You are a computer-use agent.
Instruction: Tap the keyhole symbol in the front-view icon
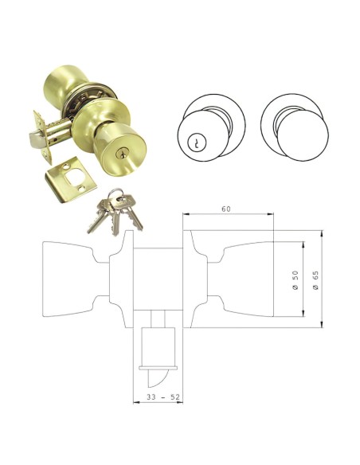[195, 143]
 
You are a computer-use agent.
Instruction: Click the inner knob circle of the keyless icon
[295, 133]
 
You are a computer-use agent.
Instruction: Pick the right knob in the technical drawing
[247, 278]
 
